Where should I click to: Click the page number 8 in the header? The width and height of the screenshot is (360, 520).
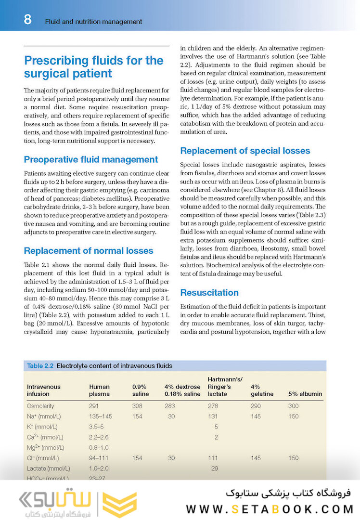pyautogui.click(x=27, y=20)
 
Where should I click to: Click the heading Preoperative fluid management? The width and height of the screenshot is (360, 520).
pyautogui.click(x=91, y=159)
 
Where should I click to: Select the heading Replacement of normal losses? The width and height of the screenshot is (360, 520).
pyautogui.click(x=89, y=250)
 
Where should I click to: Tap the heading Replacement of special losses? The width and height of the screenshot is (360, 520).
pyautogui.click(x=245, y=151)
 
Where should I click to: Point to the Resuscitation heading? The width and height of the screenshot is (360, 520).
pyautogui.click(x=209, y=293)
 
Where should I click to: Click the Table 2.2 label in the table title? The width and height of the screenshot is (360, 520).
pyautogui.click(x=40, y=366)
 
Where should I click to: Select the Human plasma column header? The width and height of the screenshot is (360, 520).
pyautogui.click(x=99, y=390)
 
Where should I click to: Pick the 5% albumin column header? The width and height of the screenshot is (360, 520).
pyautogui.click(x=305, y=394)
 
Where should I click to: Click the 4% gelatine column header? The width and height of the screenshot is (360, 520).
pyautogui.click(x=262, y=390)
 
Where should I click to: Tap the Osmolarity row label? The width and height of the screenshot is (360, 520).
pyautogui.click(x=40, y=406)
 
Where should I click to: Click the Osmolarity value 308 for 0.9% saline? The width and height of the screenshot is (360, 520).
pyautogui.click(x=137, y=406)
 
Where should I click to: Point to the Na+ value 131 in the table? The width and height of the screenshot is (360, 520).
pyautogui.click(x=213, y=416)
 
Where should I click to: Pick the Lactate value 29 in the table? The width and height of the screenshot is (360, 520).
pyautogui.click(x=215, y=468)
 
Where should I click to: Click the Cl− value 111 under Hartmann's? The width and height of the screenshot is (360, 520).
pyautogui.click(x=213, y=458)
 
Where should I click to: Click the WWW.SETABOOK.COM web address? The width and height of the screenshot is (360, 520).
pyautogui.click(x=270, y=509)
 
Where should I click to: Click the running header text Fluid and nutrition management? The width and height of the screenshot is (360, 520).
pyautogui.click(x=93, y=22)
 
